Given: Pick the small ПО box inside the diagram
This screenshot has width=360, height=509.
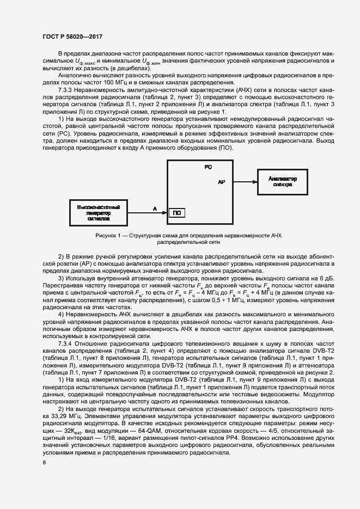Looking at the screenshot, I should (x=176, y=213).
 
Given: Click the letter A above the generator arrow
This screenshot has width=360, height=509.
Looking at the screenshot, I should (x=155, y=208).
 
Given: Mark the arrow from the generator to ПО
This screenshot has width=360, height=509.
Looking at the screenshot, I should (x=148, y=213).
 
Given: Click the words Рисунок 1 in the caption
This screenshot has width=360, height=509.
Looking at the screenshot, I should (x=107, y=235).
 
